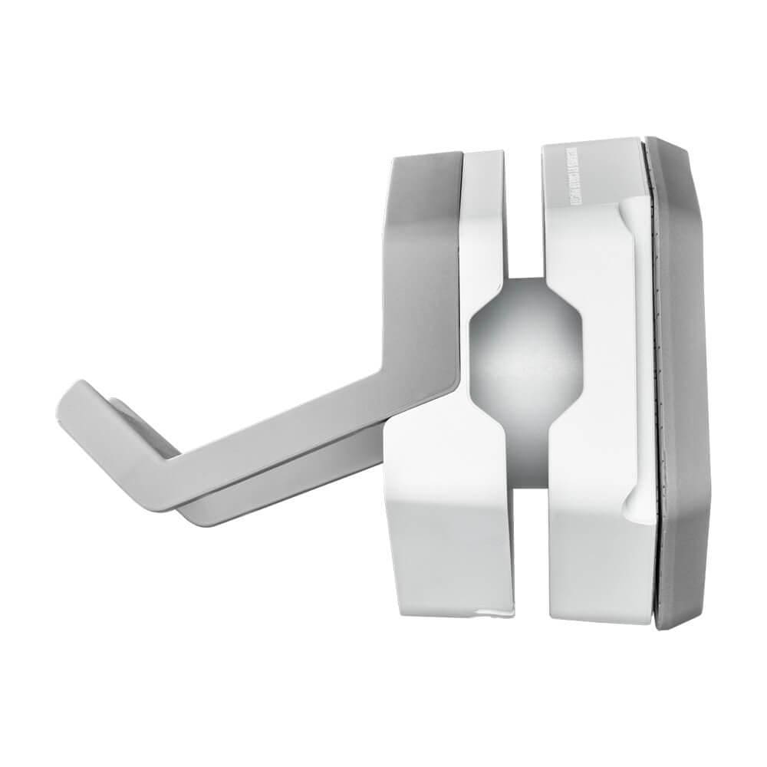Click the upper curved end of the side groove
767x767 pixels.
point(629,211)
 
